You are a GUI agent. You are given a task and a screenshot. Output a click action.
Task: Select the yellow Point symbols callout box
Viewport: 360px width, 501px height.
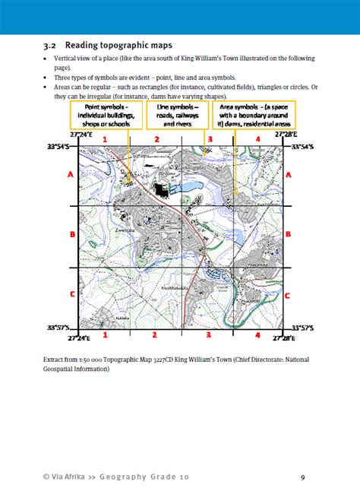(103, 116)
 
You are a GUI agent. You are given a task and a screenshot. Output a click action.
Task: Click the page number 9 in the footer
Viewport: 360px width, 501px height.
(302, 477)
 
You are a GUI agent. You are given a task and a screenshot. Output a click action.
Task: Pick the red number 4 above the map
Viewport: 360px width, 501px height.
(257, 139)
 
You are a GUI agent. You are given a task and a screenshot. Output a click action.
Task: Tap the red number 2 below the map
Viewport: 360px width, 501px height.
(155, 335)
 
